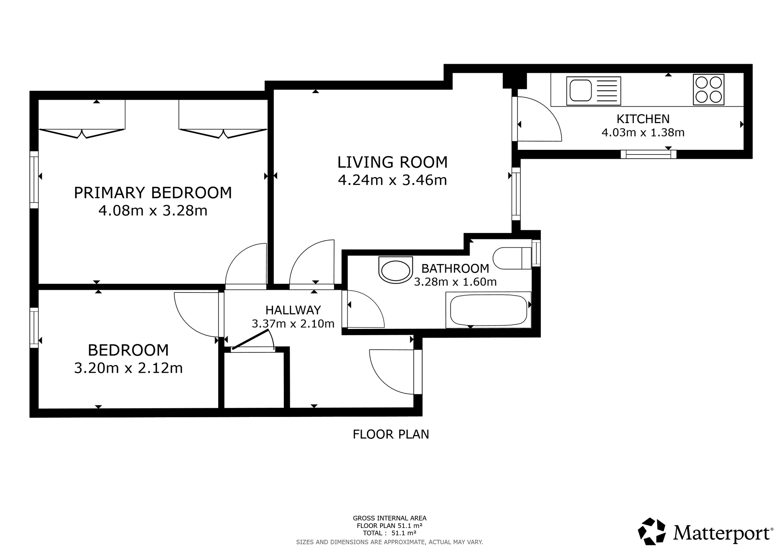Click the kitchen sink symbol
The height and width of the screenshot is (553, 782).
[x=594, y=91]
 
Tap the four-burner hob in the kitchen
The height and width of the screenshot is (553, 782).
[x=708, y=90]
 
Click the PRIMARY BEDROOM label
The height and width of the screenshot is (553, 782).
[x=153, y=193]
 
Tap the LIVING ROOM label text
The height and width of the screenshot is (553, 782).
[x=393, y=162]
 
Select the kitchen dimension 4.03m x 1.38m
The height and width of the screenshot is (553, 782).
[x=643, y=133]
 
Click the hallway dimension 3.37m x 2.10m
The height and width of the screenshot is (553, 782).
[x=293, y=324]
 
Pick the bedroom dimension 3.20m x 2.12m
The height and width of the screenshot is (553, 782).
[x=128, y=368]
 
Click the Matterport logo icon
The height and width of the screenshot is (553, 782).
[x=652, y=531]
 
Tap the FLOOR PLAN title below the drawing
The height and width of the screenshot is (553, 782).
[x=391, y=434]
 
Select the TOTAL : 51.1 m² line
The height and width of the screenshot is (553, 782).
[x=389, y=533]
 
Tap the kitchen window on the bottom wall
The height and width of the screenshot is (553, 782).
[x=649, y=154]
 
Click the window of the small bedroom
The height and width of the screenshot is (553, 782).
[x=34, y=328]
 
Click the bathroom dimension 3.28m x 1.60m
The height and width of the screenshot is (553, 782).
[x=455, y=282]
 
